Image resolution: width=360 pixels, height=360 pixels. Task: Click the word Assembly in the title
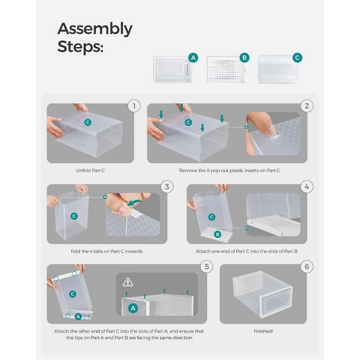point(95,29)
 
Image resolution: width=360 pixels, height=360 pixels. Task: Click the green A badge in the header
point(193,58)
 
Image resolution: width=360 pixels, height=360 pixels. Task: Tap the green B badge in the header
point(244,58)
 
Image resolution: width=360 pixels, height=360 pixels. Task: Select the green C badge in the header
point(297,58)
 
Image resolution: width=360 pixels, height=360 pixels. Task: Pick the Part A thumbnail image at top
point(171,70)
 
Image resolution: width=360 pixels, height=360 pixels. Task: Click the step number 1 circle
point(134,106)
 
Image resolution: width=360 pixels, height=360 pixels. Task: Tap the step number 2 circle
point(307,106)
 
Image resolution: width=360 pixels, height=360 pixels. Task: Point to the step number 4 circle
point(307,186)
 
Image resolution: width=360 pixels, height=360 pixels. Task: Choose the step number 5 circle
point(207,266)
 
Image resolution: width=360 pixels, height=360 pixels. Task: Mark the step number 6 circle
point(307,266)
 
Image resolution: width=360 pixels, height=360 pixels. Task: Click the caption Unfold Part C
point(90,171)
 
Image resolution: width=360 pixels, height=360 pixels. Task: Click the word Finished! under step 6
point(263,332)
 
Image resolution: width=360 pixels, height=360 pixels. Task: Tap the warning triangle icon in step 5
point(128,282)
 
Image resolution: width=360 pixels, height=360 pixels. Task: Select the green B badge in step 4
point(217,234)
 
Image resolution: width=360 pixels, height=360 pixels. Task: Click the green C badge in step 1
point(87,122)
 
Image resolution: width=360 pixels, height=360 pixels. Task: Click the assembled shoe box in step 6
point(262,294)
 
